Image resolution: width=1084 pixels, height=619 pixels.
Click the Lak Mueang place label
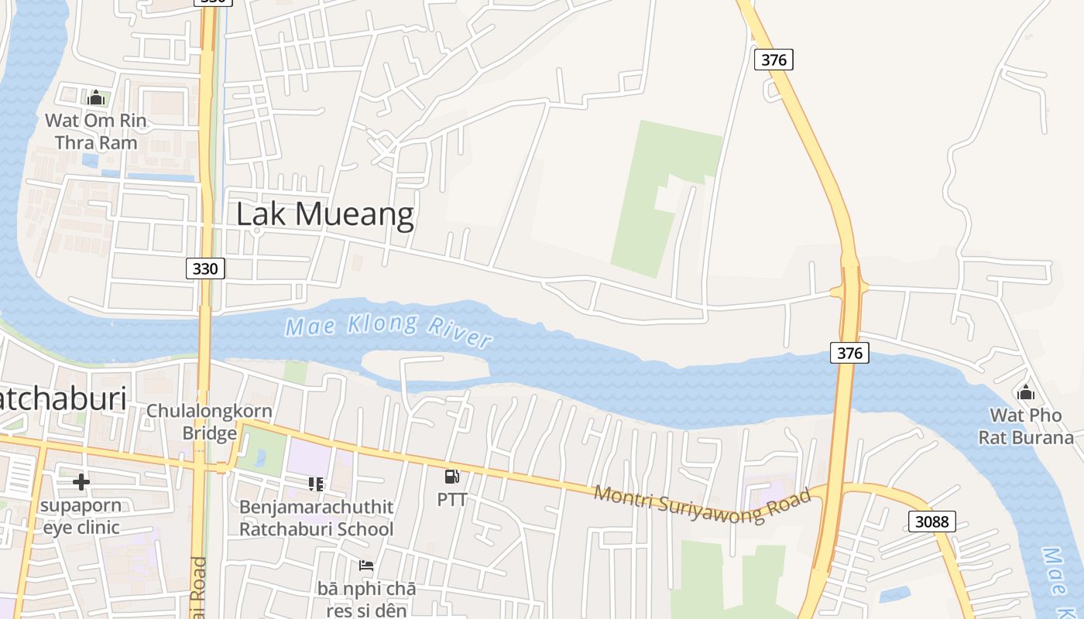click(x=324, y=214)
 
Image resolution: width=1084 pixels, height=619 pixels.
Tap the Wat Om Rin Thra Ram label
click(x=96, y=132)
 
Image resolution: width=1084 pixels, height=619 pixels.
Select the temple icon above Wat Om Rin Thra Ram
click(x=96, y=97)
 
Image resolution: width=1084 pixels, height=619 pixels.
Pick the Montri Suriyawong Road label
click(x=702, y=504)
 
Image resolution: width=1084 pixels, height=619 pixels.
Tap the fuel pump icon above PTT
click(x=452, y=477)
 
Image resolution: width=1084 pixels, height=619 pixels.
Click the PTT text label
click(x=452, y=500)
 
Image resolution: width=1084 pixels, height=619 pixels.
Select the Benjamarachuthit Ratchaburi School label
click(x=317, y=518)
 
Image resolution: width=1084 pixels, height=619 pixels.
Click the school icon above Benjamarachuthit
click(x=316, y=484)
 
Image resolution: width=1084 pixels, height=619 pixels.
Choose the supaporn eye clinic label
click(x=81, y=516)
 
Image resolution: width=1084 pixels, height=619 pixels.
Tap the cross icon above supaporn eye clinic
click(x=81, y=482)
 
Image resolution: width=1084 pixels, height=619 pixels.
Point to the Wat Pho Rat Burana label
click(x=1026, y=426)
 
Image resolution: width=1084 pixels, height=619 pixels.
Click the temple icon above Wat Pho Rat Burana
click(x=1026, y=392)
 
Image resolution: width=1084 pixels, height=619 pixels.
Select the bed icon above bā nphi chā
click(x=366, y=566)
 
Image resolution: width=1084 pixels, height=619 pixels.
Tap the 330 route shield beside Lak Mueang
click(x=205, y=268)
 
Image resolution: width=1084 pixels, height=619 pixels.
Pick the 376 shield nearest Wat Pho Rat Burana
click(x=849, y=353)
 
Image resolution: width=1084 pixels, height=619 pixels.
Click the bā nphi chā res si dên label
click(x=366, y=599)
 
